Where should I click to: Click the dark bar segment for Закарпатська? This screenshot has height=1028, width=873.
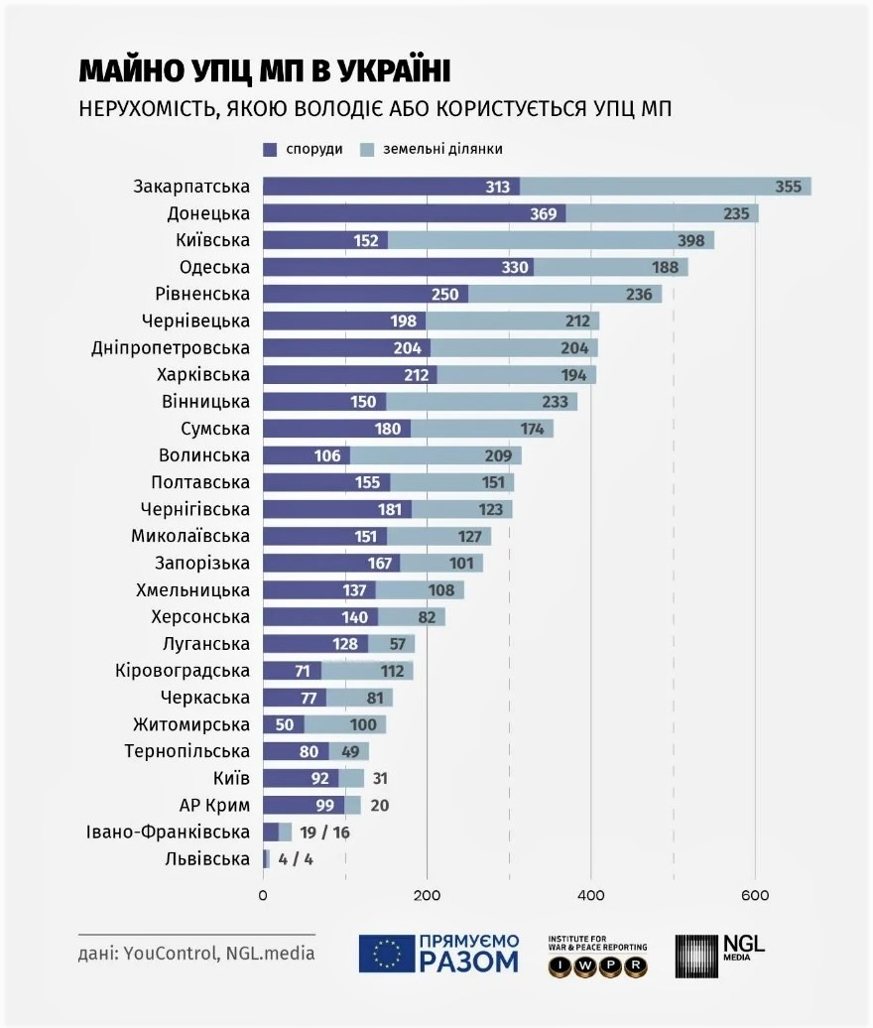coord(391,187)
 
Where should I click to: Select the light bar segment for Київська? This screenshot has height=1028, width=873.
coord(551,240)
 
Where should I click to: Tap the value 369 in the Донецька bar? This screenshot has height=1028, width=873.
coord(544,213)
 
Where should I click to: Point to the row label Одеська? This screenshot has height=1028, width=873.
coord(214,268)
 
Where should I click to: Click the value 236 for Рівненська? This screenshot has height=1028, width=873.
coord(639,295)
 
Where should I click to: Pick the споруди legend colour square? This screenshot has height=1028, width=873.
coord(270,150)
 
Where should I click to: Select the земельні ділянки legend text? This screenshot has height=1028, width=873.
coord(442,150)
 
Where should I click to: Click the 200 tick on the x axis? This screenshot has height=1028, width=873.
coord(428,896)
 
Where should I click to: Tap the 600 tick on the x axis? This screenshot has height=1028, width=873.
coord(755,896)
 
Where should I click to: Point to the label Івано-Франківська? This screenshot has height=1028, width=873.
coord(168,832)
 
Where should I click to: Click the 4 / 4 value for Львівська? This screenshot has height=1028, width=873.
coord(296,859)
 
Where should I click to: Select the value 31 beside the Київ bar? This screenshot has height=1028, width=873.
coord(380,778)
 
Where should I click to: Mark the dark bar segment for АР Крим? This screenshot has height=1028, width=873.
coord(305,805)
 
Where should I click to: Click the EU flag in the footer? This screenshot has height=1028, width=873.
coord(387,954)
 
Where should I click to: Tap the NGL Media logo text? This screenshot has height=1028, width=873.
coord(744,947)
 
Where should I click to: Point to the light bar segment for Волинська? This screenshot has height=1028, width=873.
coord(436,455)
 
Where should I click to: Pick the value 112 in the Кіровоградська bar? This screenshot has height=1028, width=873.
coord(392,671)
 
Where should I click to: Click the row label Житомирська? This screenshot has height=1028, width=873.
coord(191,724)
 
